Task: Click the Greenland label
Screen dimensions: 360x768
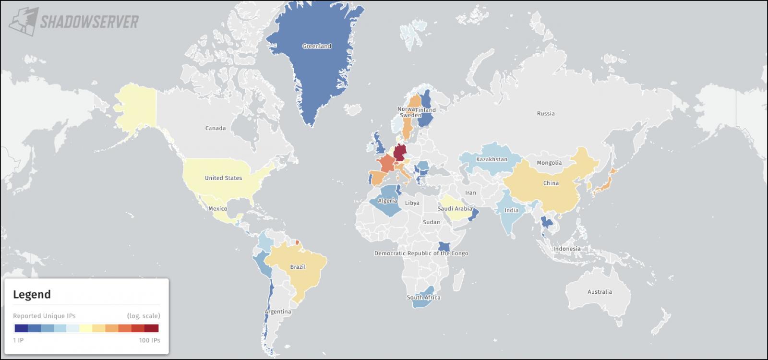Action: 317,46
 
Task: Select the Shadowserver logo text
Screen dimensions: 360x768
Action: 89,22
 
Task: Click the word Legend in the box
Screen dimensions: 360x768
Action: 32,294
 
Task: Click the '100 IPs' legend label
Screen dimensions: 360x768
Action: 149,340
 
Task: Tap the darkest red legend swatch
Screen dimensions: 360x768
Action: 152,328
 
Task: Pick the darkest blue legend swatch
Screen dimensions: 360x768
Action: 21,328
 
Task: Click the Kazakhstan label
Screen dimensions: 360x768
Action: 492,159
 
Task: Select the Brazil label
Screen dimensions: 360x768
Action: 298,267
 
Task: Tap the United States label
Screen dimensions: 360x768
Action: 223,178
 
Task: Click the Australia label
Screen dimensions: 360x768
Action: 600,291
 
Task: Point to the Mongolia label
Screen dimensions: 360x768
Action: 549,163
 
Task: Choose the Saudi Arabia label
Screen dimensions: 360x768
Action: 455,209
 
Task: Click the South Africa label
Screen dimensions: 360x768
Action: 423,298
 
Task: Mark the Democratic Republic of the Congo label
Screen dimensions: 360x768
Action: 421,253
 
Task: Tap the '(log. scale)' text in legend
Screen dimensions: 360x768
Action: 143,316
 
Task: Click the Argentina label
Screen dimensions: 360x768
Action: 278,312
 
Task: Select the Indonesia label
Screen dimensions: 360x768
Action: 566,249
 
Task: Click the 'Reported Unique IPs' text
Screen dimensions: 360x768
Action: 44,316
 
